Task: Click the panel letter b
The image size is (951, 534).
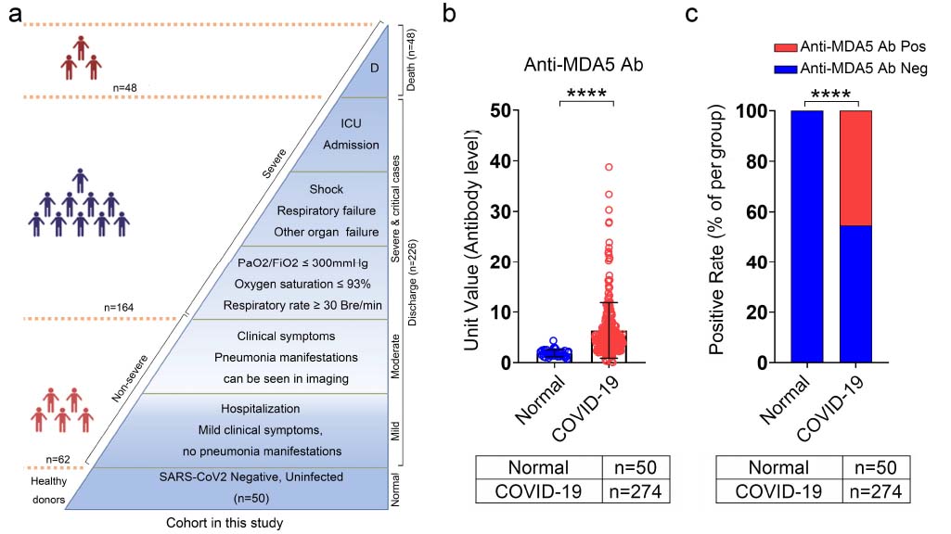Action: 449,15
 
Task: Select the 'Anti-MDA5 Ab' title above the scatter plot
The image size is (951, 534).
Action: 585,65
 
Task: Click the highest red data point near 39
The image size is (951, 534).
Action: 608,167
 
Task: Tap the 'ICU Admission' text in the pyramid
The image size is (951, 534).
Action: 351,133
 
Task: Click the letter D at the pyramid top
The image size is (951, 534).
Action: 373,69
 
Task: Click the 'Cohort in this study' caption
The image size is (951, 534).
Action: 219,523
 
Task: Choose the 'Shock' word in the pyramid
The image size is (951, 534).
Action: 326,189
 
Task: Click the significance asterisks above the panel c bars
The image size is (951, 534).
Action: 831,94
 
